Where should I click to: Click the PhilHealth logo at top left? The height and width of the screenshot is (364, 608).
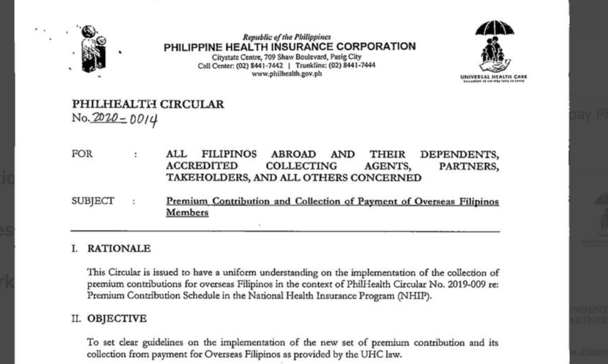[93, 49]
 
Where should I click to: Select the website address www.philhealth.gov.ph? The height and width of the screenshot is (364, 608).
[286, 74]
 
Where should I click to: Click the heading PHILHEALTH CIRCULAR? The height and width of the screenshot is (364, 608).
[148, 105]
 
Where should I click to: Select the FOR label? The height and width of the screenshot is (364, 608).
[81, 154]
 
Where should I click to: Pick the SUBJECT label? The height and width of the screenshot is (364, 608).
[92, 201]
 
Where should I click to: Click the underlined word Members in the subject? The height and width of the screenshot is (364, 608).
[187, 213]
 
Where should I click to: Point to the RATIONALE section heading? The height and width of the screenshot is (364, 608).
[119, 249]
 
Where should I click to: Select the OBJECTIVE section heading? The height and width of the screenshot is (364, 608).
[116, 319]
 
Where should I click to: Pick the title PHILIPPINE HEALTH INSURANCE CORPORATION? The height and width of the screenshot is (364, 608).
[290, 47]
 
